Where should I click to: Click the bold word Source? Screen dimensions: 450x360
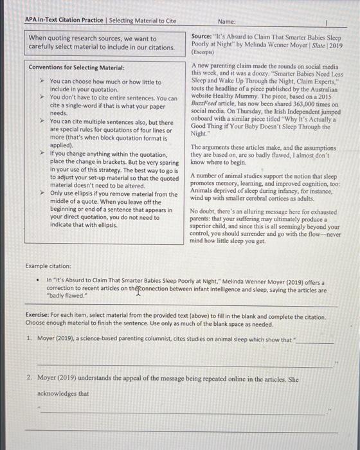(204, 35)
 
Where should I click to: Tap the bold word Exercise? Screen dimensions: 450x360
(39, 316)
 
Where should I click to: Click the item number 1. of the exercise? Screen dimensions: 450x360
(30, 338)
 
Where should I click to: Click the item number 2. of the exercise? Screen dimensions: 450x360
(30, 379)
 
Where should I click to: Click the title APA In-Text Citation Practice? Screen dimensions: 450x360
(65, 21)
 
